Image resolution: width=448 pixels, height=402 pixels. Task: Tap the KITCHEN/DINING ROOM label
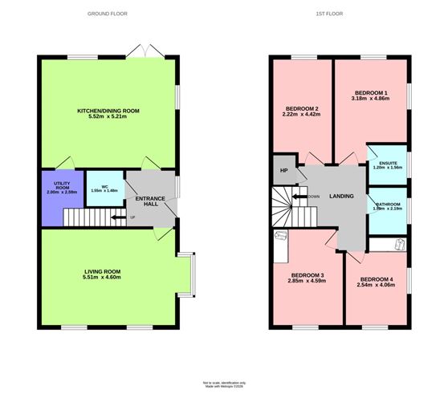tap(108, 110)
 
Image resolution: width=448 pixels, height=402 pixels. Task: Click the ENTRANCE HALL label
tap(150, 201)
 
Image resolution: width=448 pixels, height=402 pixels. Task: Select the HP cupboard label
tap(283, 170)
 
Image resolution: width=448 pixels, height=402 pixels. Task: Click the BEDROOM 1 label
tap(371, 94)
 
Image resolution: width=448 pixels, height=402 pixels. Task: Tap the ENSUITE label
tap(388, 164)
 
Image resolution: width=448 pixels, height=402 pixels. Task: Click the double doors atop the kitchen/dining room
tap(146, 51)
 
